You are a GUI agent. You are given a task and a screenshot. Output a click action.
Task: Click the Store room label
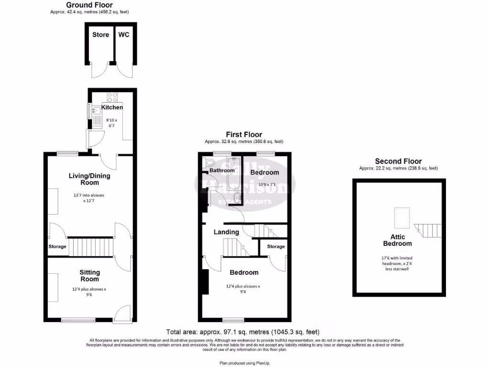tap(101, 34)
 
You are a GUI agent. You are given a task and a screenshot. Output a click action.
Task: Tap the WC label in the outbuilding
tap(123, 34)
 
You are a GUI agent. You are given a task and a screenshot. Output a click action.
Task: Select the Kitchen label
tap(111, 107)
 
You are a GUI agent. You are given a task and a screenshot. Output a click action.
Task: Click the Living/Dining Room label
tap(89, 179)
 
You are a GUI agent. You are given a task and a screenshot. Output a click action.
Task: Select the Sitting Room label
tap(89, 276)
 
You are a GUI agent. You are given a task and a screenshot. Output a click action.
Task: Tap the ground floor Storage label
tap(57, 247)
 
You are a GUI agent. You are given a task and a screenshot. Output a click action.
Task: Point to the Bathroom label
tap(222, 170)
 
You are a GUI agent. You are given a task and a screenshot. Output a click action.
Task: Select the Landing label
tap(226, 232)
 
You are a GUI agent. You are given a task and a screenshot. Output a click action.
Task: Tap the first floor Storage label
tap(276, 247)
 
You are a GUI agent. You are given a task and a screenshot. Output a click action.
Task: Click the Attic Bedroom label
tap(398, 240)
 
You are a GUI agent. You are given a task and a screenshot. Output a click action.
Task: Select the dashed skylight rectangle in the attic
tap(401, 218)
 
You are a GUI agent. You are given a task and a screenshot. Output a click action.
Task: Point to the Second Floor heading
tap(398, 162)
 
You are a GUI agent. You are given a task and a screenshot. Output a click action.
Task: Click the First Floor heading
tap(244, 135)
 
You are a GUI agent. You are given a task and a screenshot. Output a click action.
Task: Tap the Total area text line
tap(243, 332)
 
